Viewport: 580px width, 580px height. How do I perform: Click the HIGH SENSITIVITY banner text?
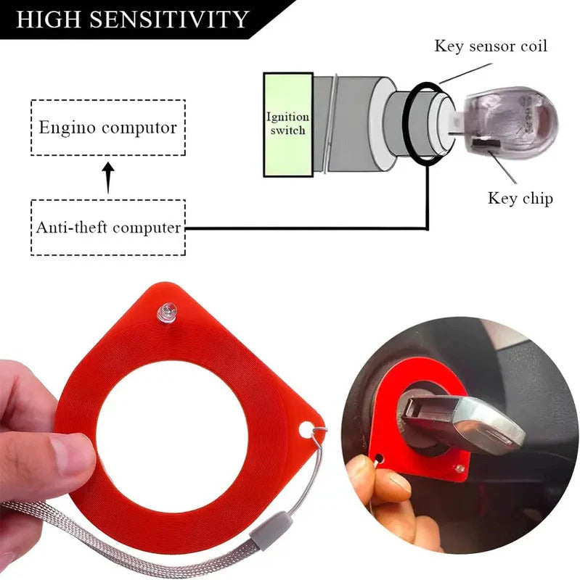click(x=132, y=19)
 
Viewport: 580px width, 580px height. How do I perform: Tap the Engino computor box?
click(x=108, y=128)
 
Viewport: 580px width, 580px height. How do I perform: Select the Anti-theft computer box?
click(x=108, y=227)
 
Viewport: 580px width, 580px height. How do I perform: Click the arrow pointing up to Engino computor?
click(x=108, y=177)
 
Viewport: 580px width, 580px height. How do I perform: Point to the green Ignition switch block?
click(x=288, y=125)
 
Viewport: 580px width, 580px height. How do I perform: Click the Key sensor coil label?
click(x=491, y=46)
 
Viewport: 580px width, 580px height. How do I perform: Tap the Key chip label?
click(x=520, y=198)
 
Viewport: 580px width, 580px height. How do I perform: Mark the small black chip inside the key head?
click(x=487, y=142)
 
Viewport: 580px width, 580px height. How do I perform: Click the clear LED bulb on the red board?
click(x=168, y=312)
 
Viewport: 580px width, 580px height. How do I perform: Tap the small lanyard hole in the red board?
click(x=306, y=429)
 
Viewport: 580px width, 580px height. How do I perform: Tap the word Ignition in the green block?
click(x=287, y=117)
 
